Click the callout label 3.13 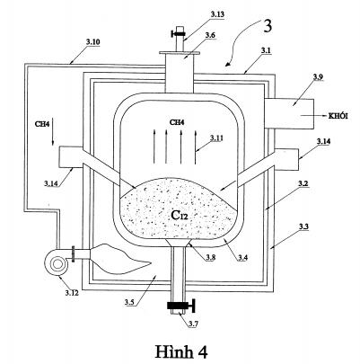217,14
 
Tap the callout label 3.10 92,41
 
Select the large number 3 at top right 268,26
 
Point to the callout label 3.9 319,77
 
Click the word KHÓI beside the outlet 338,116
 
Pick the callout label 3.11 216,138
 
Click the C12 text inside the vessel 180,215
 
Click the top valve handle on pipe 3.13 180,33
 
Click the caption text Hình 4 181,351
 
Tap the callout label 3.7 194,324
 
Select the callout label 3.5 129,302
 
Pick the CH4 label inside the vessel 177,122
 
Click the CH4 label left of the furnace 42,124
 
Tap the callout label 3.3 304,226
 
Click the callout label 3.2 304,183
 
